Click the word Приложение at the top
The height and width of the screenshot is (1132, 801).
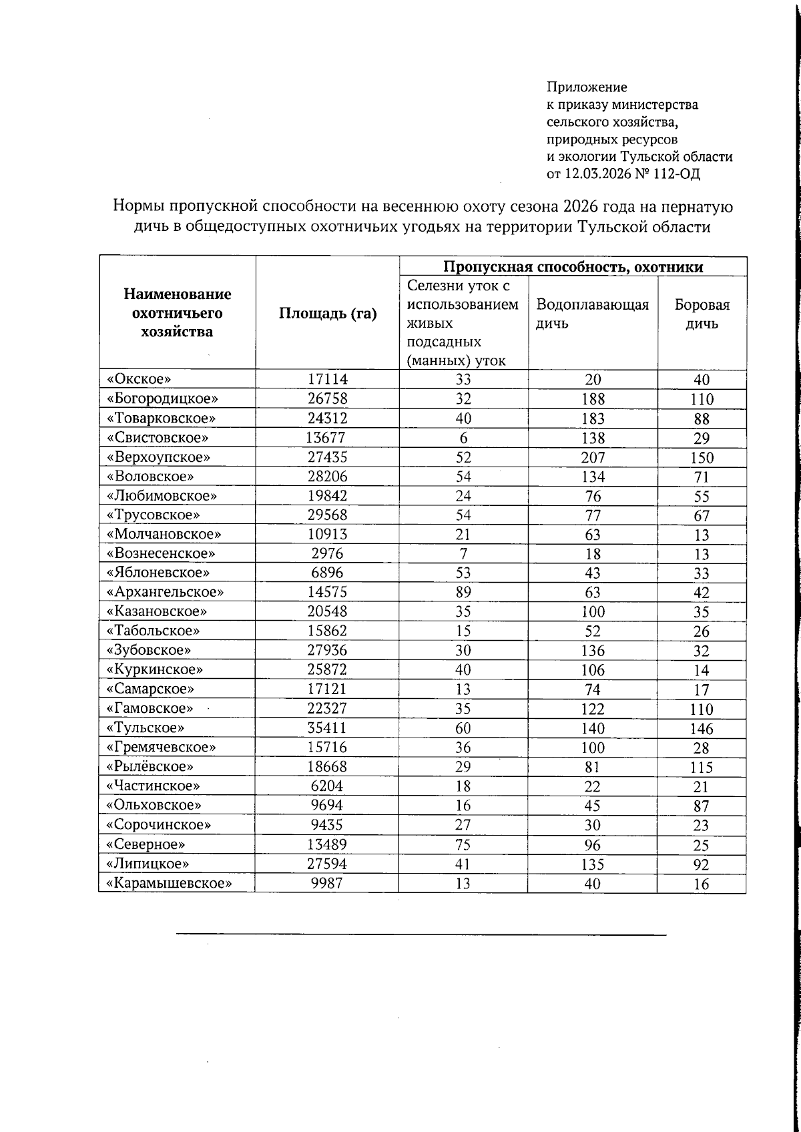click(x=587, y=87)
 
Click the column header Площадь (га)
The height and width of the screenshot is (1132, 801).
click(x=327, y=313)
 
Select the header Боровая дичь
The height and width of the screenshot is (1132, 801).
click(x=702, y=314)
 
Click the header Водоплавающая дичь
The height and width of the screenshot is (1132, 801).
click(x=592, y=314)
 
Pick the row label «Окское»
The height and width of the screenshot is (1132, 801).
click(x=139, y=379)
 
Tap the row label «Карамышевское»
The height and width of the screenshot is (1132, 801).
click(x=169, y=882)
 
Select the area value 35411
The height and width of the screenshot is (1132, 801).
click(x=326, y=728)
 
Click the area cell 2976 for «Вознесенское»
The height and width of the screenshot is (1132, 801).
click(x=326, y=553)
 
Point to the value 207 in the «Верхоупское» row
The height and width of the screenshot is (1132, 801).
click(x=592, y=457)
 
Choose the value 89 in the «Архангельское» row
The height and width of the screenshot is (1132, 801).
click(x=463, y=592)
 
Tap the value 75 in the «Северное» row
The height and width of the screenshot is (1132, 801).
click(x=463, y=844)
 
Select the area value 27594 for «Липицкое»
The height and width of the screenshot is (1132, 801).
click(x=326, y=864)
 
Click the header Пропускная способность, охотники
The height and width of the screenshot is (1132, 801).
click(x=573, y=267)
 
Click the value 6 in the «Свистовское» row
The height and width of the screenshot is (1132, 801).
click(x=463, y=438)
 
